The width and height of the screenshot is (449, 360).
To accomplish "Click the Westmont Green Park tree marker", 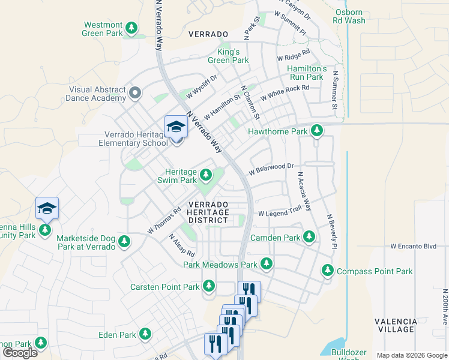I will [x=131, y=28].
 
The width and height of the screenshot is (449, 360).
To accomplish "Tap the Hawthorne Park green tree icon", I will [x=316, y=131].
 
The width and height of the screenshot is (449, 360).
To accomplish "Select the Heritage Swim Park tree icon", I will [x=206, y=175].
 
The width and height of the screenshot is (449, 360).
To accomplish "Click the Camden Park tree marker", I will [x=309, y=237].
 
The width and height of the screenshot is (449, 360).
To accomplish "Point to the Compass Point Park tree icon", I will [x=328, y=271].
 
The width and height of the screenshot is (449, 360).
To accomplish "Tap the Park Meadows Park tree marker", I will [x=266, y=264].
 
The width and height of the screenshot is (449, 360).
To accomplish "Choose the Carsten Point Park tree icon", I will [x=209, y=286].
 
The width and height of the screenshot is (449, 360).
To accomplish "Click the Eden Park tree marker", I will [x=145, y=334].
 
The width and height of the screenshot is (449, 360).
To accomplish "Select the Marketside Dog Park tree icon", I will [x=124, y=242].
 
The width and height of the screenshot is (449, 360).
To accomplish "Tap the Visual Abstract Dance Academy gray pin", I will [x=135, y=93].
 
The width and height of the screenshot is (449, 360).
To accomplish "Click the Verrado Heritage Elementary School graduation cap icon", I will [x=176, y=127].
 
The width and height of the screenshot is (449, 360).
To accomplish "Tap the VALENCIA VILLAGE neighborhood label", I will [x=396, y=325].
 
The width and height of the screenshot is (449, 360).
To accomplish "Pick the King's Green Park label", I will [x=228, y=56].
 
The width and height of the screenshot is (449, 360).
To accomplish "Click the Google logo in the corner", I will [x=20, y=353].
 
